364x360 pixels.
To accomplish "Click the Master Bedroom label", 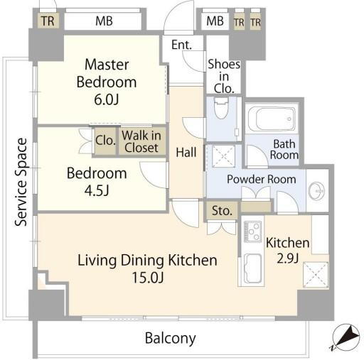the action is pos(107,73).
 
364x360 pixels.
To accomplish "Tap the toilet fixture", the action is pos(221,108).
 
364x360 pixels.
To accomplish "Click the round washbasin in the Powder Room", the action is pos(316,191).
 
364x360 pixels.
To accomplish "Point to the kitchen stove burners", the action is pos(252,231).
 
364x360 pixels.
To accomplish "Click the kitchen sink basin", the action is pos(253,268).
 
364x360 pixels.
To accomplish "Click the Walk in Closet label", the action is pos(141,142).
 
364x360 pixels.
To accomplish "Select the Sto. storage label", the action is pos(222,211).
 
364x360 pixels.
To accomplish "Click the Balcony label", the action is pos(171,339).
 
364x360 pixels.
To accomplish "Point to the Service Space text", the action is pos(21,182).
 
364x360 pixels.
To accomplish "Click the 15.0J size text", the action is pos(148,278).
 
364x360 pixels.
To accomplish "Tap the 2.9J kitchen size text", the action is pos(287,258).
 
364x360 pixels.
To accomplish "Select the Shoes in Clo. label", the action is pos(224,77).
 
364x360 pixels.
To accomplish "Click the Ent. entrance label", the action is pos(181,45).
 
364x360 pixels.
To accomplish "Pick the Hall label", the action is pos(186,152).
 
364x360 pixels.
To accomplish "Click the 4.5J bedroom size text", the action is pos(97,191).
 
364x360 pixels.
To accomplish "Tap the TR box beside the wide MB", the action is pos(48,21).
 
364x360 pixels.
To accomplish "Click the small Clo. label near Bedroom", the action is pos(105,141).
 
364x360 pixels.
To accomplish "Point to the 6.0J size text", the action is pos(107,99).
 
